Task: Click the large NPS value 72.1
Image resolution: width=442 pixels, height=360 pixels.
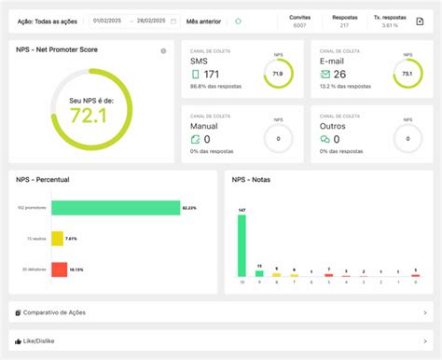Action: pyautogui.click(x=90, y=116)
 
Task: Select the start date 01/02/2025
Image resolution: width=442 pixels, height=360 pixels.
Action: pyautogui.click(x=108, y=21)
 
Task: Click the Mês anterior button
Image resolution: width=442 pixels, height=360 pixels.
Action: pyautogui.click(x=204, y=21)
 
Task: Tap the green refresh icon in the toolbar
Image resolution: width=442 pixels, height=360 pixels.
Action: pyautogui.click(x=238, y=21)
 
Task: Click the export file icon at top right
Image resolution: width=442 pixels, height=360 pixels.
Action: pyautogui.click(x=420, y=21)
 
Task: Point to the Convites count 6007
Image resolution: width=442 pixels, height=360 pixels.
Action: pyautogui.click(x=300, y=25)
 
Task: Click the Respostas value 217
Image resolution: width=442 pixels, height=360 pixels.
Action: pyautogui.click(x=344, y=25)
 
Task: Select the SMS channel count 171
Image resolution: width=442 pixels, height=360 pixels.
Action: pyautogui.click(x=212, y=74)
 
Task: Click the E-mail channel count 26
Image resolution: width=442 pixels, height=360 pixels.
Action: pyautogui.click(x=338, y=74)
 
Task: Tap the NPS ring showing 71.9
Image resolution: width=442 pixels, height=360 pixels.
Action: pyautogui.click(x=278, y=73)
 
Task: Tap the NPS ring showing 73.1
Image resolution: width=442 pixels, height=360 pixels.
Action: pyautogui.click(x=407, y=73)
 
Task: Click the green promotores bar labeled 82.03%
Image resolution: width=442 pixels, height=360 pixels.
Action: pyautogui.click(x=114, y=208)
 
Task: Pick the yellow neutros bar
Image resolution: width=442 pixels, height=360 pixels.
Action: pyautogui.click(x=57, y=239)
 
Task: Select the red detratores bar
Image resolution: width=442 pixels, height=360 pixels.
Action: pyautogui.click(x=59, y=269)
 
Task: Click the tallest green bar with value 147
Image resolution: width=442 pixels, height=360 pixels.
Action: pyautogui.click(x=242, y=247)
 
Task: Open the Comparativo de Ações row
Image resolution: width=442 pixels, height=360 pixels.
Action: pyautogui.click(x=220, y=312)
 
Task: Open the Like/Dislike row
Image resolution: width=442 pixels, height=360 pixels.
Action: pyautogui.click(x=220, y=341)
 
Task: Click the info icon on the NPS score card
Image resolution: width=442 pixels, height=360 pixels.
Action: pyautogui.click(x=163, y=50)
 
